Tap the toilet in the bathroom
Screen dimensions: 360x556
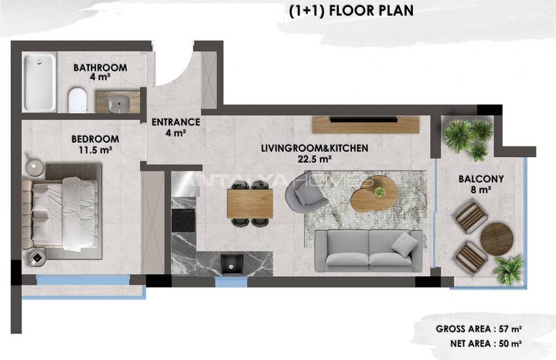[77, 99]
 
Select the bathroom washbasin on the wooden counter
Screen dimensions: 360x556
[119, 102]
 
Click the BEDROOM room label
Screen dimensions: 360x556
[95, 139]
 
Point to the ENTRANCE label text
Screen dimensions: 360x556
[175, 122]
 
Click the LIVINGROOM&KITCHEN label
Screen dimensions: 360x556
[314, 149]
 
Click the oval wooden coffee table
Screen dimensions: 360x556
[374, 194]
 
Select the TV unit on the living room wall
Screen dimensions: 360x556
[364, 124]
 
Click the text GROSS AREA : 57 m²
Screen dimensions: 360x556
[478, 329]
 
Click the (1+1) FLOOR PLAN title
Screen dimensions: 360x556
[351, 11]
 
